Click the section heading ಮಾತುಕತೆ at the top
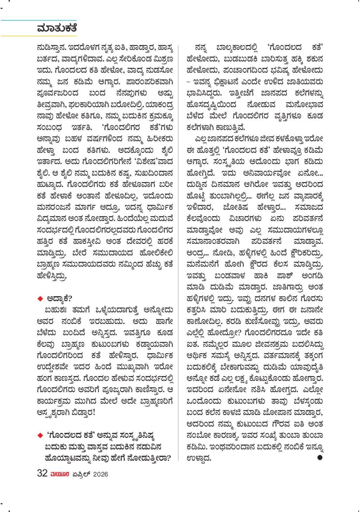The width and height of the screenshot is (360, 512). tap(57, 28)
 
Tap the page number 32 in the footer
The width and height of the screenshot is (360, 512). tap(42, 473)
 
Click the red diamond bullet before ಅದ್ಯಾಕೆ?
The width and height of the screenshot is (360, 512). tap(40, 298)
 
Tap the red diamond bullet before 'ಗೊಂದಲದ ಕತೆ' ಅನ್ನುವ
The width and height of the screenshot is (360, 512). tap(40, 435)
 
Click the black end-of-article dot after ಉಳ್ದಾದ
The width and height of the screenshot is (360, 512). tap(319, 457)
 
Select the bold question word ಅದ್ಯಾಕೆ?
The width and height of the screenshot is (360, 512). tap(60, 298)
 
